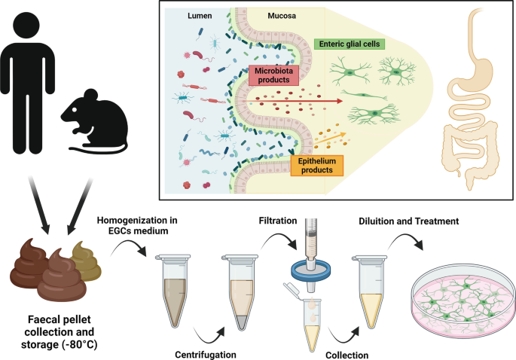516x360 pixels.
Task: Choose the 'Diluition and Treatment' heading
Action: click(414, 222)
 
